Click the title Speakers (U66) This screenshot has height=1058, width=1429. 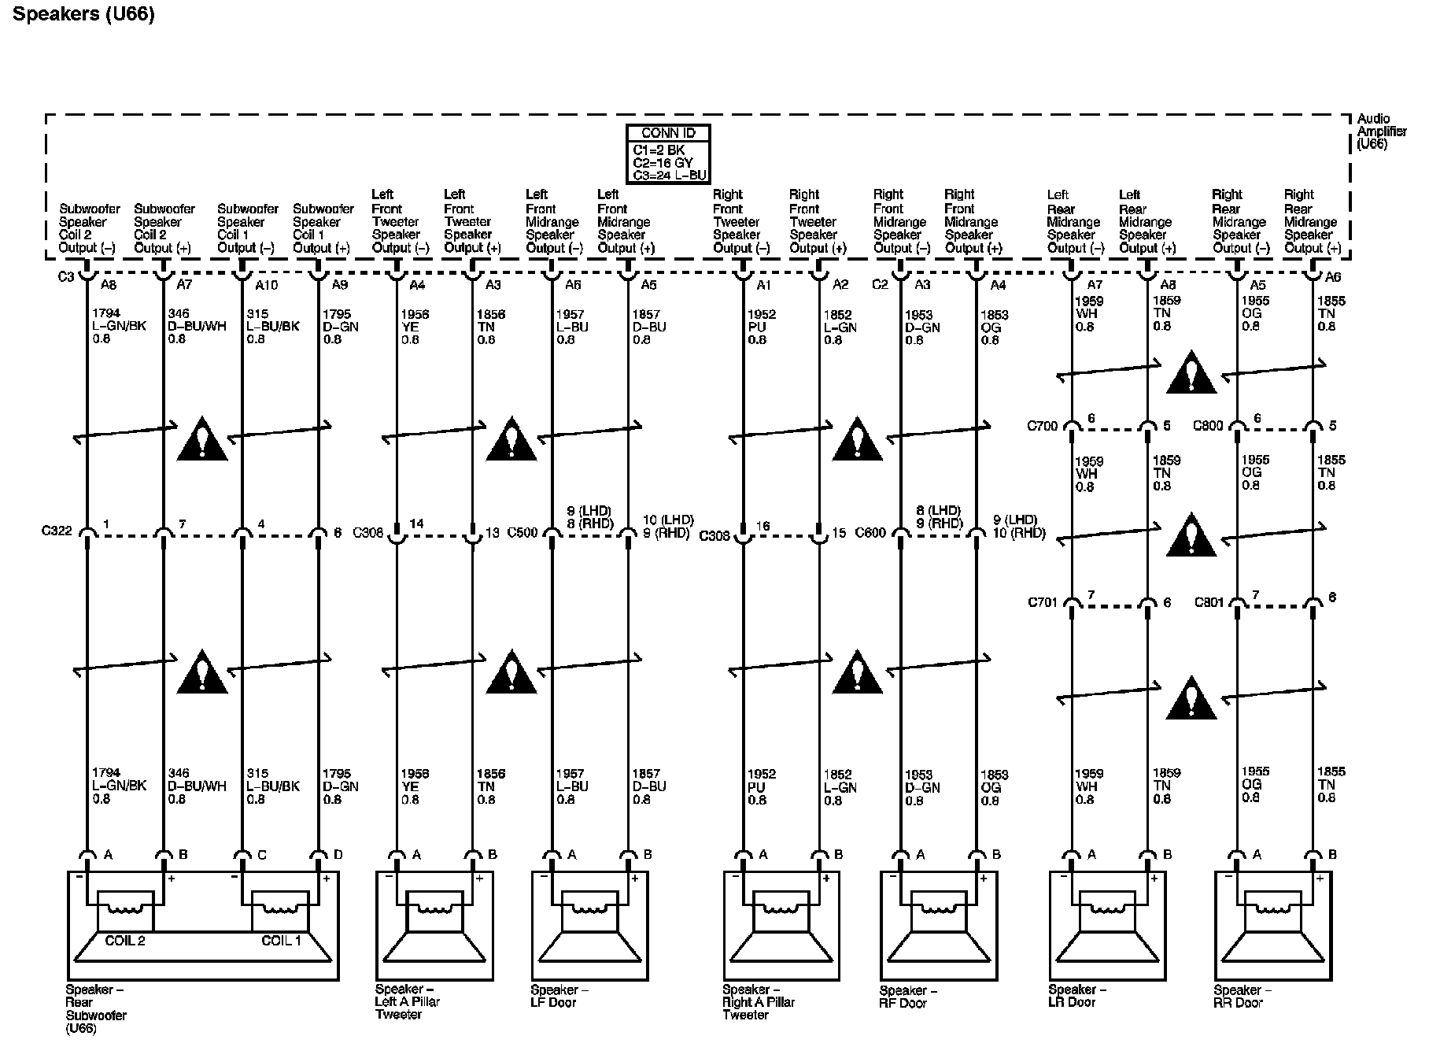(83, 15)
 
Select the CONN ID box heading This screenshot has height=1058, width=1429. (668, 133)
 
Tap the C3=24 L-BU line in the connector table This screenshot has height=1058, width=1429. (669, 175)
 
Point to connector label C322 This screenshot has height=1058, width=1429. (57, 531)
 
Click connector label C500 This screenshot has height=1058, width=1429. (522, 532)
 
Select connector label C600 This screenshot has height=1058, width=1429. (870, 533)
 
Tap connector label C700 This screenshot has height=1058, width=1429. (1042, 426)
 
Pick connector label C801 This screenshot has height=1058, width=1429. (1209, 602)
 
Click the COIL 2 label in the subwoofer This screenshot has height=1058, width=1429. (125, 940)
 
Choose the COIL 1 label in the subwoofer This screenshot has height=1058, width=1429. (281, 940)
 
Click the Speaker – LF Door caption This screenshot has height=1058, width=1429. (559, 996)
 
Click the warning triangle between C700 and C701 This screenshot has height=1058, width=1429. (1191, 536)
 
